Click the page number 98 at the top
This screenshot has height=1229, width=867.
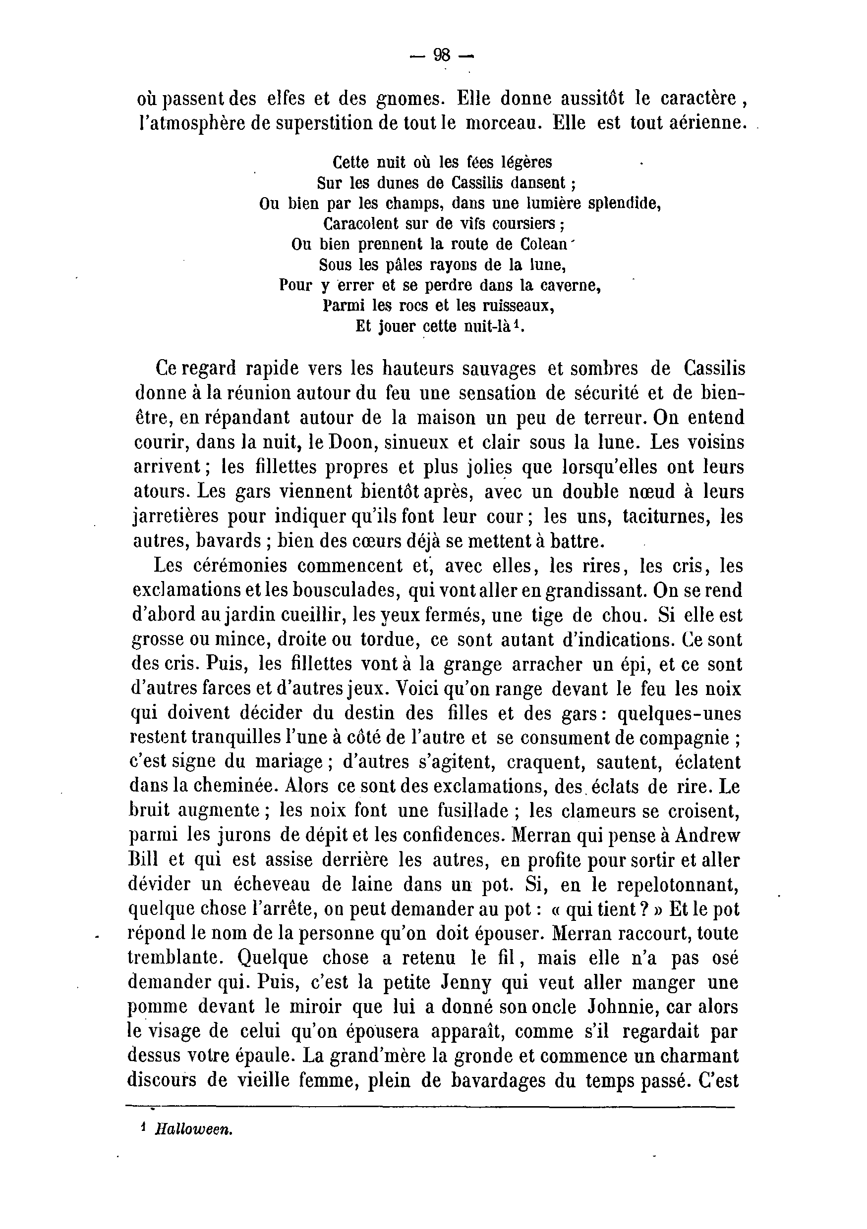tap(441, 55)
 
